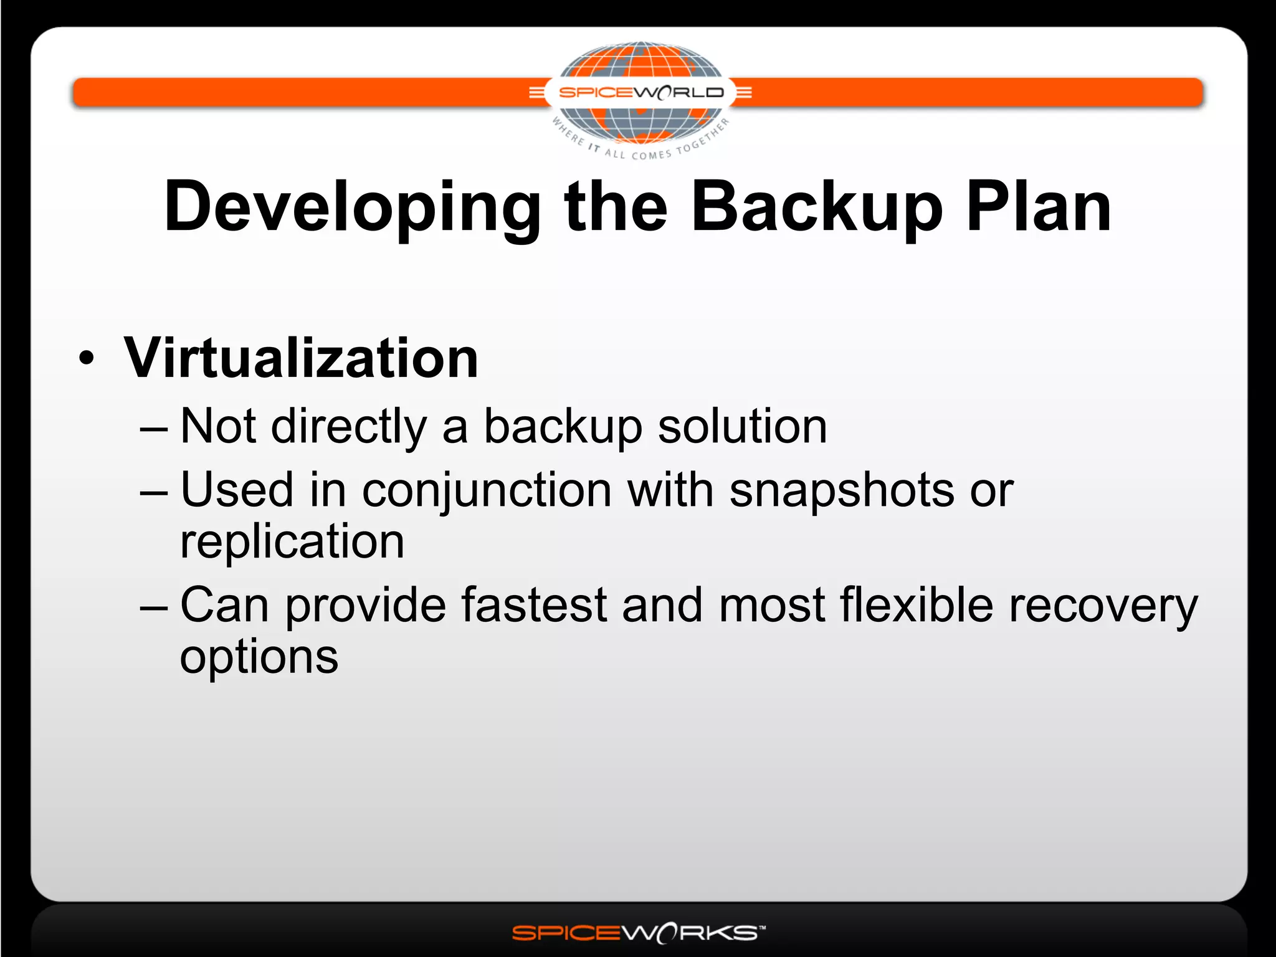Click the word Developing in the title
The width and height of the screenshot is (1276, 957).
click(x=353, y=207)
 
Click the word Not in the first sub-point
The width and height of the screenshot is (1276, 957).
click(x=218, y=426)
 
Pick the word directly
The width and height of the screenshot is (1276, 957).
click(x=349, y=427)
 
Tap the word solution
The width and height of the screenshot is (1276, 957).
click(x=743, y=426)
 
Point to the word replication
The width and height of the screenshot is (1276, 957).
click(x=292, y=541)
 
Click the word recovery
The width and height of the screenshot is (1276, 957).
click(x=1103, y=606)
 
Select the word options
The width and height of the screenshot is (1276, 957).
click(x=259, y=657)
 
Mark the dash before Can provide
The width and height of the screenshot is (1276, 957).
click(x=154, y=606)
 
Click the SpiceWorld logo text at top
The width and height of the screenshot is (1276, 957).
click(x=641, y=93)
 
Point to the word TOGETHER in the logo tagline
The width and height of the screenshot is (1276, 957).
click(x=705, y=137)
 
